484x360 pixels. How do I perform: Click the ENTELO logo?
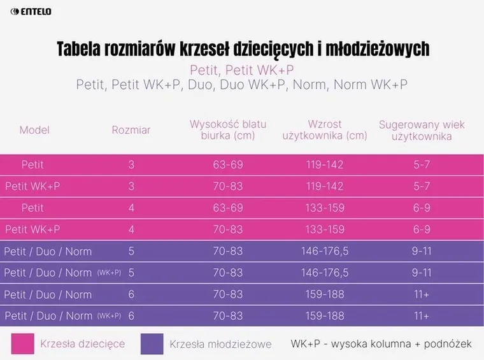(x=31, y=11)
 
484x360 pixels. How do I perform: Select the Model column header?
(x=34, y=130)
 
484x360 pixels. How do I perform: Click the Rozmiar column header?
(x=131, y=130)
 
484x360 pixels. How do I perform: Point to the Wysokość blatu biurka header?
(x=227, y=129)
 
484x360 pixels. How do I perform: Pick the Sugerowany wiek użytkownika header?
(x=422, y=129)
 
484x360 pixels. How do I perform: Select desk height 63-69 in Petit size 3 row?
(x=227, y=164)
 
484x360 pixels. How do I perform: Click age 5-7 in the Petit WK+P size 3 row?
(x=422, y=186)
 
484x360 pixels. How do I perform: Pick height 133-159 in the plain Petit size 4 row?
(x=325, y=208)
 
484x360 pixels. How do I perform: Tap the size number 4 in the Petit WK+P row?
(x=131, y=229)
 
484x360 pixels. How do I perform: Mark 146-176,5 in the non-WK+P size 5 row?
(x=325, y=251)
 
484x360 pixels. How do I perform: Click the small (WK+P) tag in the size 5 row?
(x=109, y=273)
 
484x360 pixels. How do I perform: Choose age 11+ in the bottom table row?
(x=422, y=316)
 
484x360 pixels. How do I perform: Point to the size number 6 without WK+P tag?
(x=131, y=294)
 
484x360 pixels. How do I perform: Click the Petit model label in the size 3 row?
(x=32, y=164)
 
